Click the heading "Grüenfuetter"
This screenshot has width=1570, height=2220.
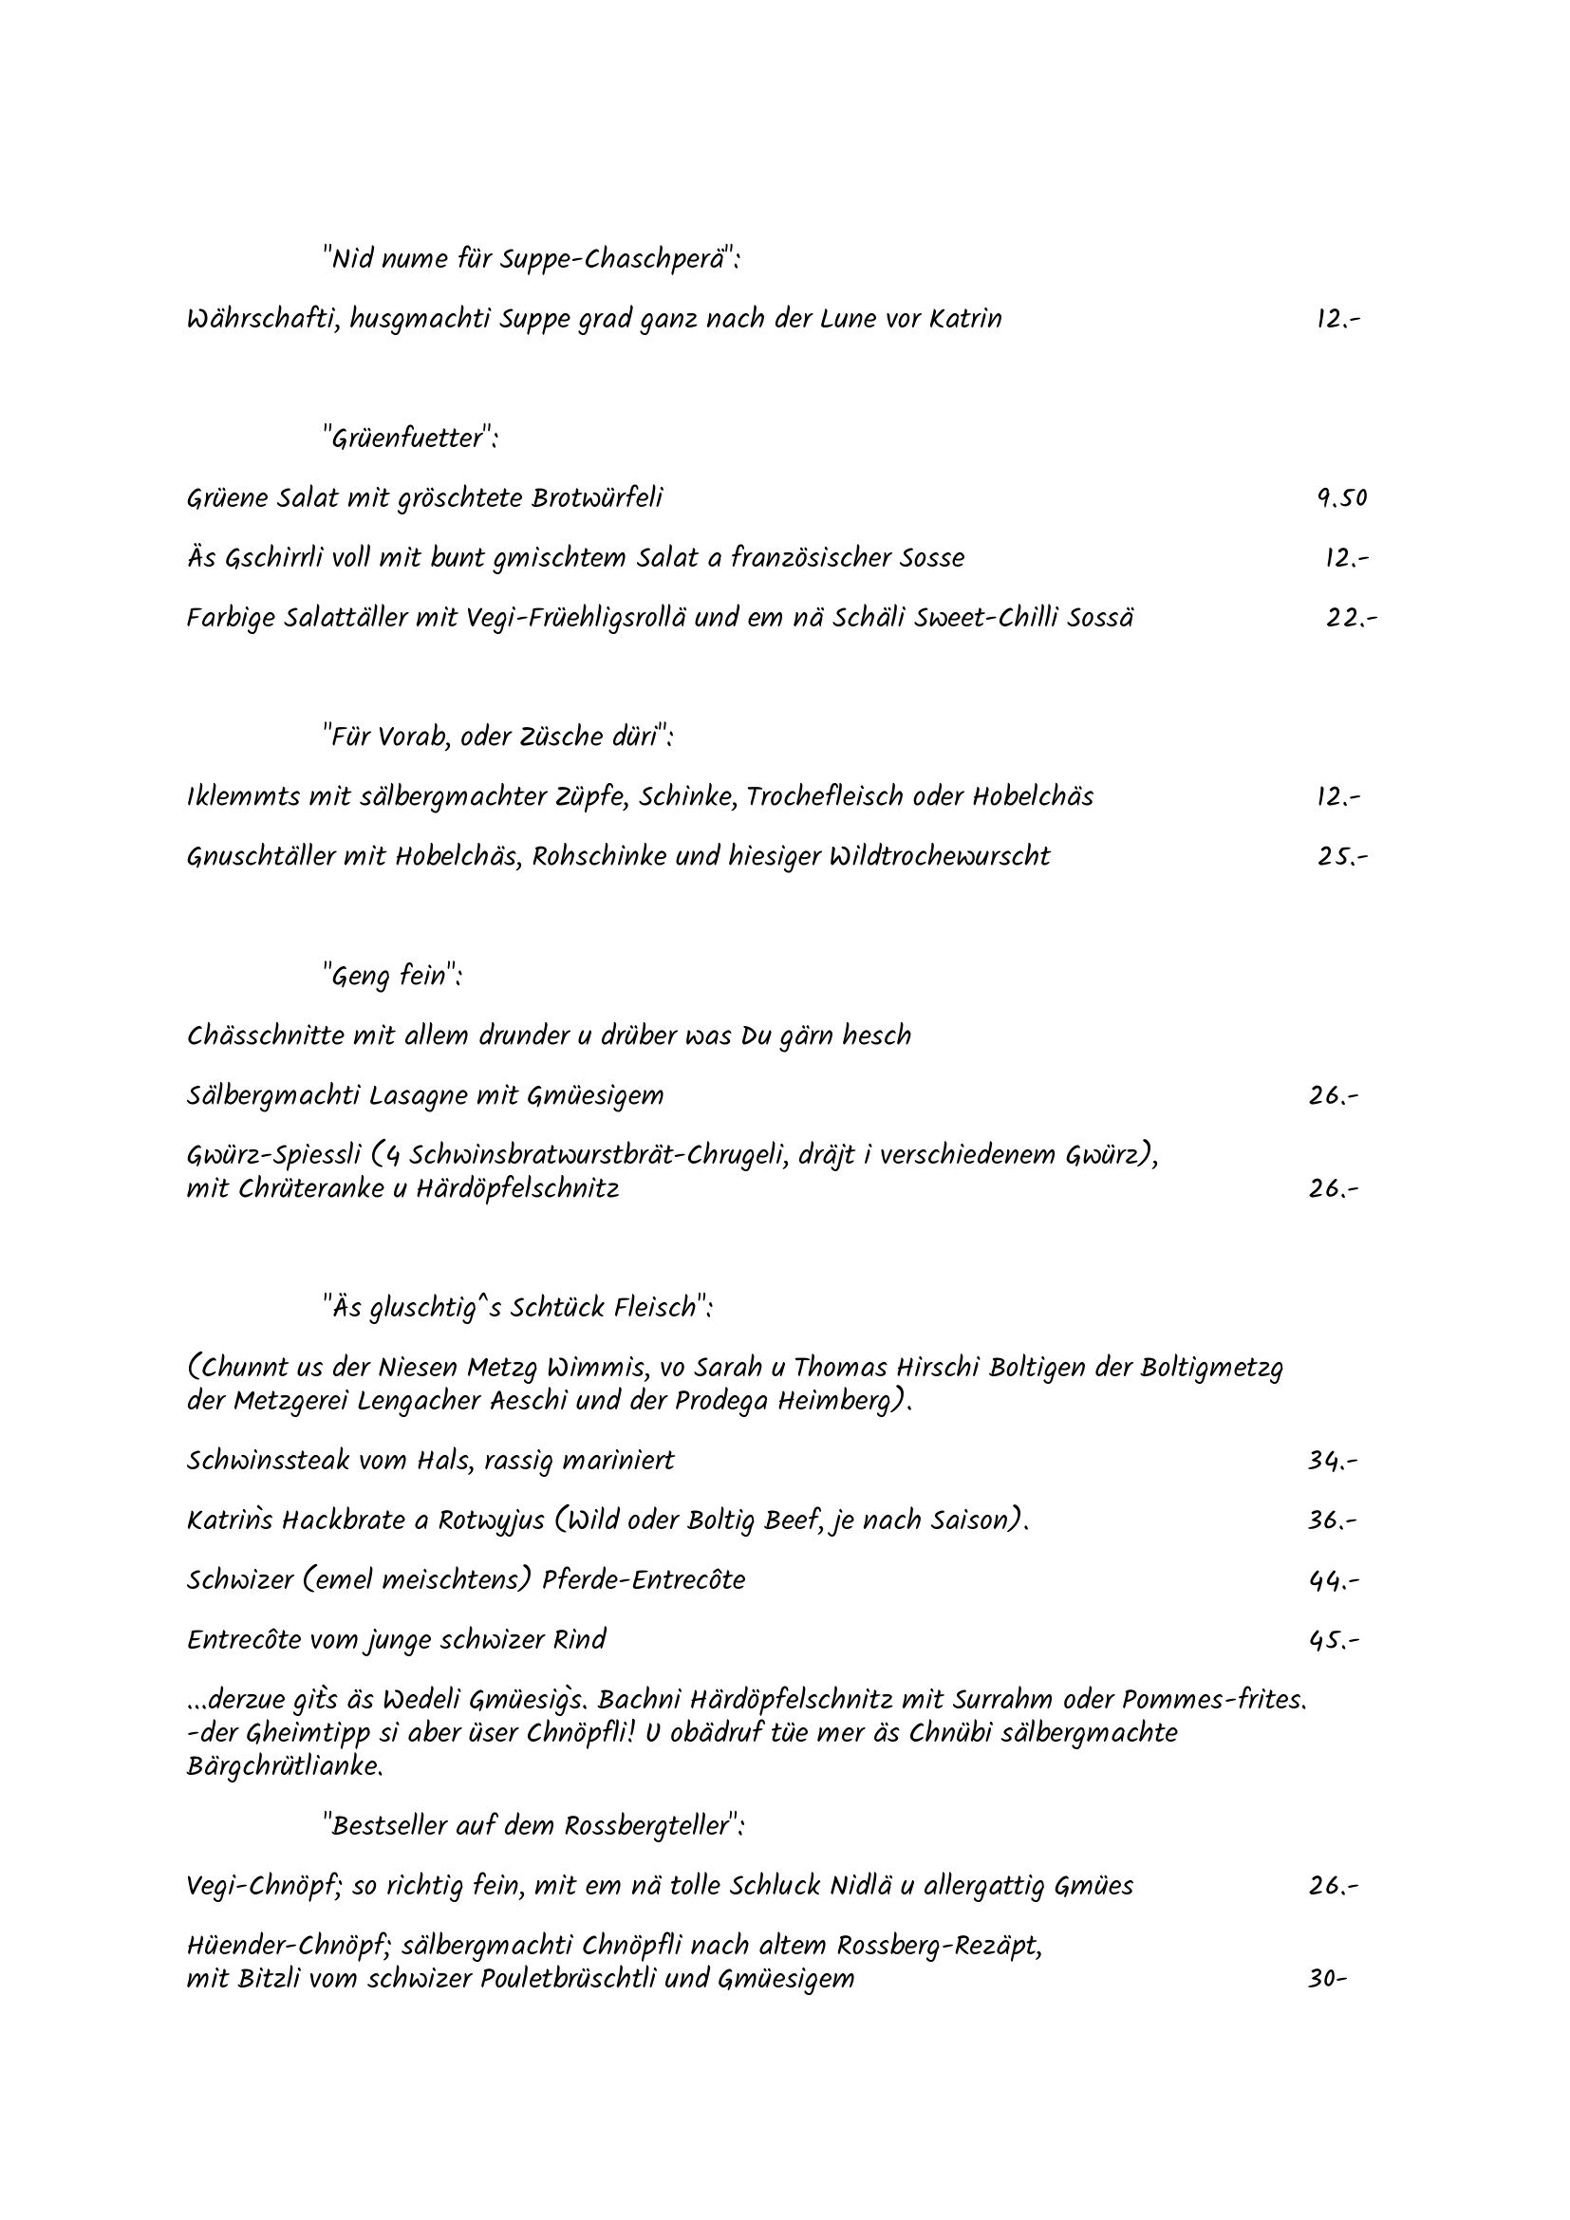412,438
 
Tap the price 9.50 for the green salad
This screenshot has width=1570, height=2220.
1342,498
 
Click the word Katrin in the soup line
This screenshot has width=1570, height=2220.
964,318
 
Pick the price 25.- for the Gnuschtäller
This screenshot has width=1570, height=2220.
1342,856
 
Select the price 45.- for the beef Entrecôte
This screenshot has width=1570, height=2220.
1333,1640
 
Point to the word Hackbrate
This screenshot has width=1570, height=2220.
344,1520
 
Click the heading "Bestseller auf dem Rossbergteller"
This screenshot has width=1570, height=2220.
533,1825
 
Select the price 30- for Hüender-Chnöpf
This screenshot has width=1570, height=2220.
1326,1978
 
